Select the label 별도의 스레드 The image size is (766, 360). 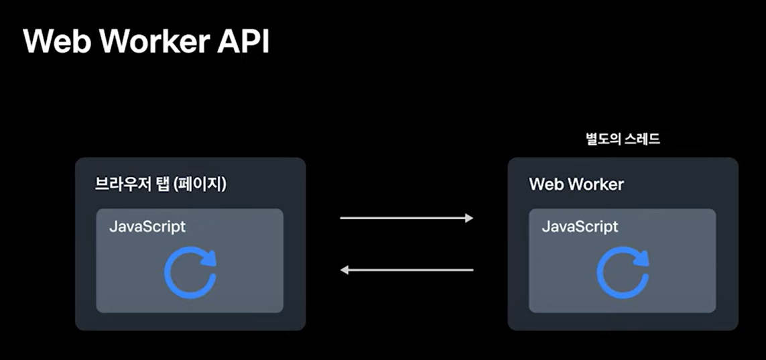point(623,139)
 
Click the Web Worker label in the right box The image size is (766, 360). point(576,184)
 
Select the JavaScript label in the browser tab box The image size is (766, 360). point(147,227)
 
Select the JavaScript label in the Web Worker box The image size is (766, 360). point(580,227)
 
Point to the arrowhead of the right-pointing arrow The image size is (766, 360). point(470,218)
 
